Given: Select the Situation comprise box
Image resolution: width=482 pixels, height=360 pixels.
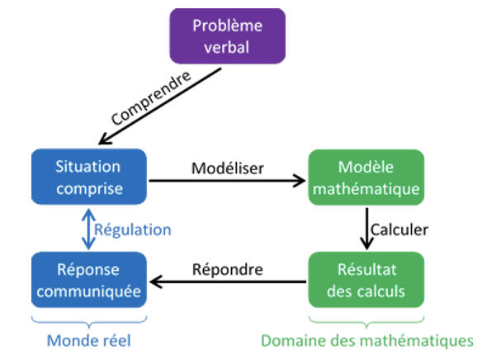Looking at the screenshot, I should pyautogui.click(x=88, y=177).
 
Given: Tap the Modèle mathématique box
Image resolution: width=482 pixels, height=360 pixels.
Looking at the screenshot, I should pyautogui.click(x=366, y=177).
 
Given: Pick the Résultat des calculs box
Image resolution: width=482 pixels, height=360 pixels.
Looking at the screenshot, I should pyautogui.click(x=366, y=280).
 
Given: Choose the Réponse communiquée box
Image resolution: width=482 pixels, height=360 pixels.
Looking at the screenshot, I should pyautogui.click(x=88, y=280).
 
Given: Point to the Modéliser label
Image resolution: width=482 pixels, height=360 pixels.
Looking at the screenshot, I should pyautogui.click(x=227, y=168).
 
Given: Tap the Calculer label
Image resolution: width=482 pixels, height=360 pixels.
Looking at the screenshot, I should pyautogui.click(x=399, y=230).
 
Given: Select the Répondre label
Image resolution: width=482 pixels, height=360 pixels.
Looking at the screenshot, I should pyautogui.click(x=227, y=269).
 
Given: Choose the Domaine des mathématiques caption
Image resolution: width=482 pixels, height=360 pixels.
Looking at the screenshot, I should pyautogui.click(x=366, y=339).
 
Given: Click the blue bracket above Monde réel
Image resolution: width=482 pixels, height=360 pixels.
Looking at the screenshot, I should pyautogui.click(x=88, y=319).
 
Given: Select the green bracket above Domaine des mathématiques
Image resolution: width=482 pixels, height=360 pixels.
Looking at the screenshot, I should pyautogui.click(x=366, y=319).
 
